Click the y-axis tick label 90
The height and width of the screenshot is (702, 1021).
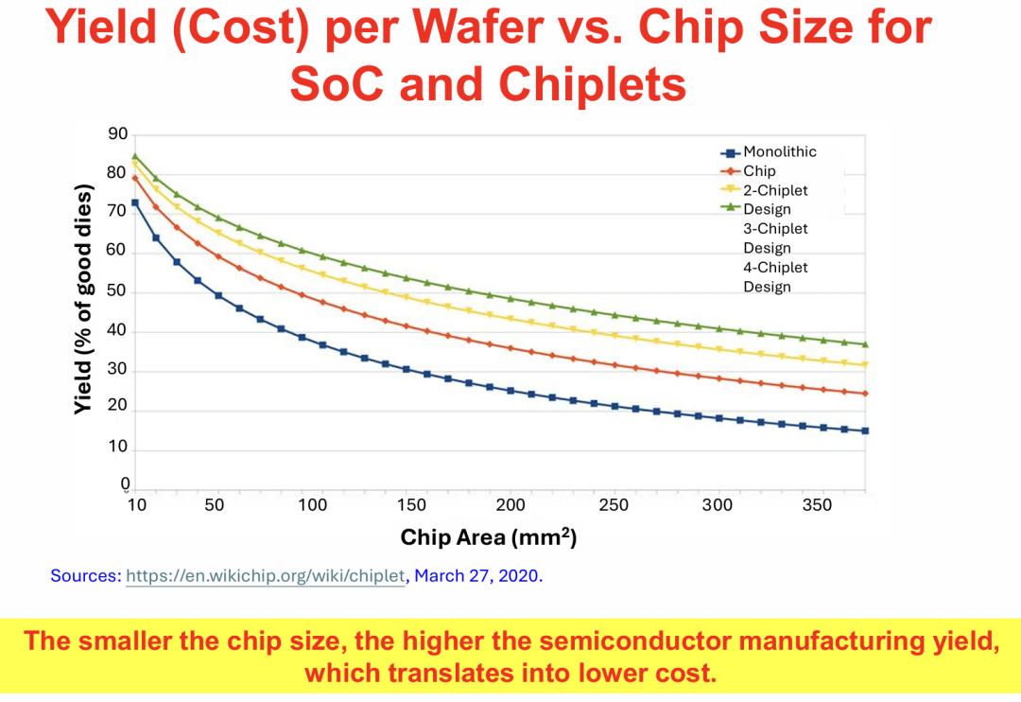point(116,134)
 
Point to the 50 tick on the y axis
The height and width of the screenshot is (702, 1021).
point(116,292)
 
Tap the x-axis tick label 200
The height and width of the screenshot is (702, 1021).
point(510,505)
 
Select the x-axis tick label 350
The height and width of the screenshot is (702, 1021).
point(817,505)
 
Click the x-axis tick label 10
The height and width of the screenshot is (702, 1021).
point(136,505)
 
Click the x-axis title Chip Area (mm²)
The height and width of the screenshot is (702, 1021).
point(488,537)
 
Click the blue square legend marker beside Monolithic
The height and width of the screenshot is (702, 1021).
point(728,152)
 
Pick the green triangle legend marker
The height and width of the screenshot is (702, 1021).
point(728,209)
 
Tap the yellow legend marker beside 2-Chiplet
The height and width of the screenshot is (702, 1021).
point(728,190)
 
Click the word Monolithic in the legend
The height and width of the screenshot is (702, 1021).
point(780,151)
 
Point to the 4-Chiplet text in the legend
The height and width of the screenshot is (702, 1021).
point(775,268)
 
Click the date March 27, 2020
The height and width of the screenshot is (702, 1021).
point(478,575)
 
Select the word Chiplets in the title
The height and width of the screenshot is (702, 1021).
point(592,84)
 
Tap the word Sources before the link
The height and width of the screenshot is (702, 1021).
point(85,575)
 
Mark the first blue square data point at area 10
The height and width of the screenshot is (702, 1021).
point(135,202)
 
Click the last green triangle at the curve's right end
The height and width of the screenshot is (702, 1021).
point(865,344)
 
